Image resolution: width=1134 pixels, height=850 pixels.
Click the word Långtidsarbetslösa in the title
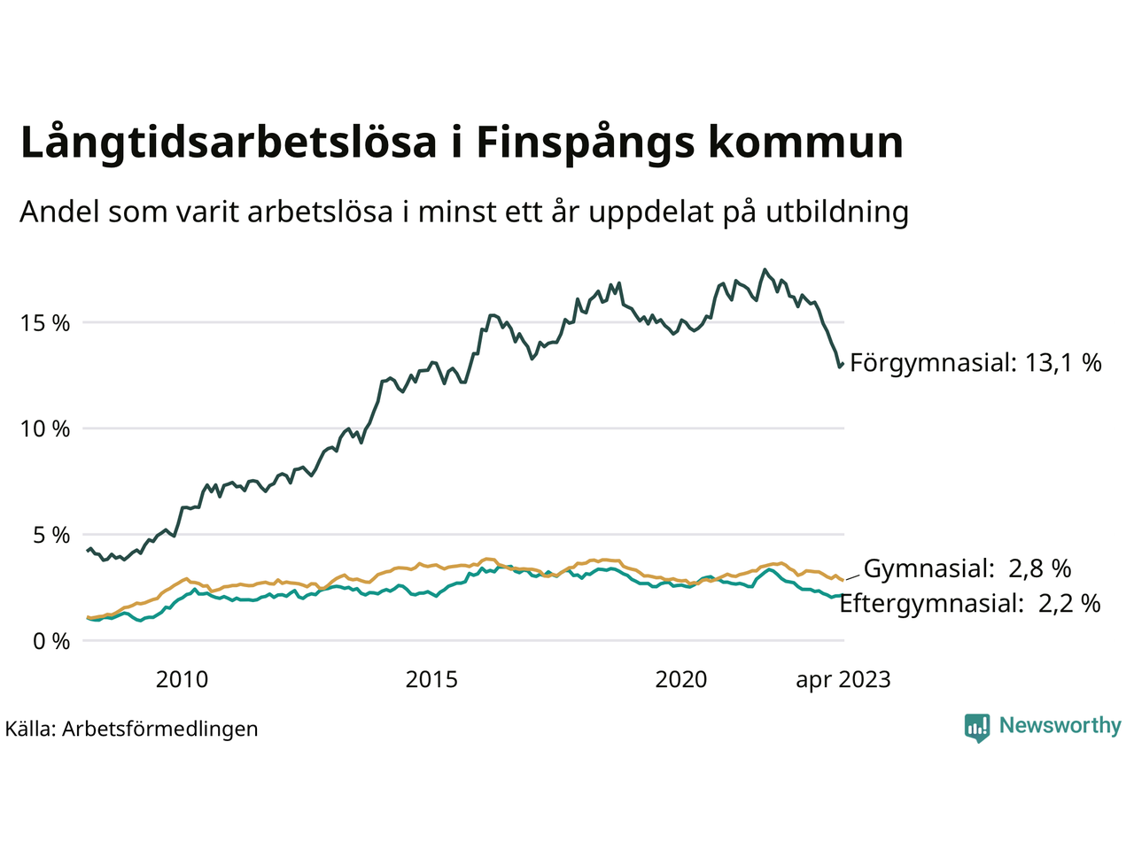pyautogui.click(x=229, y=143)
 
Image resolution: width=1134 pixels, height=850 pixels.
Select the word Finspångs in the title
pyautogui.click(x=586, y=143)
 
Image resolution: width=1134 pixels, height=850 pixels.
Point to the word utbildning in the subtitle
pyautogui.click(x=837, y=212)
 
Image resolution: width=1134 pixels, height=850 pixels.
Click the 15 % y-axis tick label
pyautogui.click(x=45, y=323)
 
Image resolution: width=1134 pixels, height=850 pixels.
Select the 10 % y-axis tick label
pyautogui.click(x=45, y=429)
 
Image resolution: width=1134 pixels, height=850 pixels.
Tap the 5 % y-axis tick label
pyautogui.click(x=50, y=536)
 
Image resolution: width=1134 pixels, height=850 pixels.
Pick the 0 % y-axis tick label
pyautogui.click(x=50, y=642)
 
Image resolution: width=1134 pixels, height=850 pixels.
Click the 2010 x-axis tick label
pyautogui.click(x=182, y=680)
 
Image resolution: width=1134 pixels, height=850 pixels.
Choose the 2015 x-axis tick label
pyautogui.click(x=431, y=680)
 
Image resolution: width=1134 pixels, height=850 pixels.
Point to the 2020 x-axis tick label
pyautogui.click(x=681, y=680)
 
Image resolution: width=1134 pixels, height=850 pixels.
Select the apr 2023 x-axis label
pyautogui.click(x=843, y=680)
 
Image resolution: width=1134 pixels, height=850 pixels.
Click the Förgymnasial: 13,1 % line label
pyautogui.click(x=975, y=362)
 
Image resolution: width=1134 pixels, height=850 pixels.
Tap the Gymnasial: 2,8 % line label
pyautogui.click(x=967, y=568)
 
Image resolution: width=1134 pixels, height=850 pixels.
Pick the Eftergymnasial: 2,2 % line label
pyautogui.click(x=969, y=604)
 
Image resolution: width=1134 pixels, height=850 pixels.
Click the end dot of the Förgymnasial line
pyautogui.click(x=841, y=364)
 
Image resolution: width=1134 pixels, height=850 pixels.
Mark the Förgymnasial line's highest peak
pyautogui.click(x=765, y=270)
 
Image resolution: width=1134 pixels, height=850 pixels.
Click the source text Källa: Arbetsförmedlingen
pyautogui.click(x=131, y=730)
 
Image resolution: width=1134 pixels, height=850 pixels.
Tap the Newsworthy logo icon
pyautogui.click(x=976, y=727)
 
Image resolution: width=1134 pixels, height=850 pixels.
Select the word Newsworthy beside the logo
pyautogui.click(x=1060, y=726)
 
